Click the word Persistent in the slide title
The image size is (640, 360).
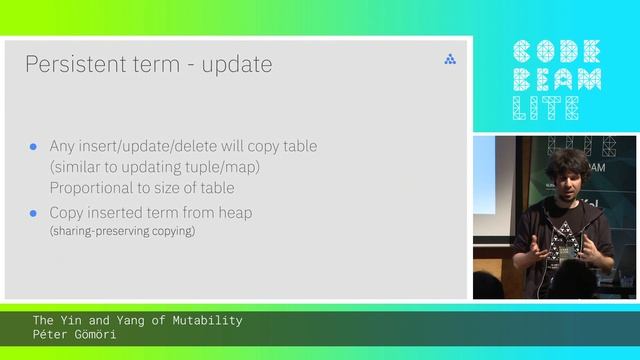[x=66, y=65]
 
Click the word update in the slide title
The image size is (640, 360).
[x=237, y=66]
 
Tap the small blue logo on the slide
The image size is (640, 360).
[x=450, y=60]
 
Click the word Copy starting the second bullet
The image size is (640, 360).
[x=67, y=213]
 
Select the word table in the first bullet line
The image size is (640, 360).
[x=297, y=146]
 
